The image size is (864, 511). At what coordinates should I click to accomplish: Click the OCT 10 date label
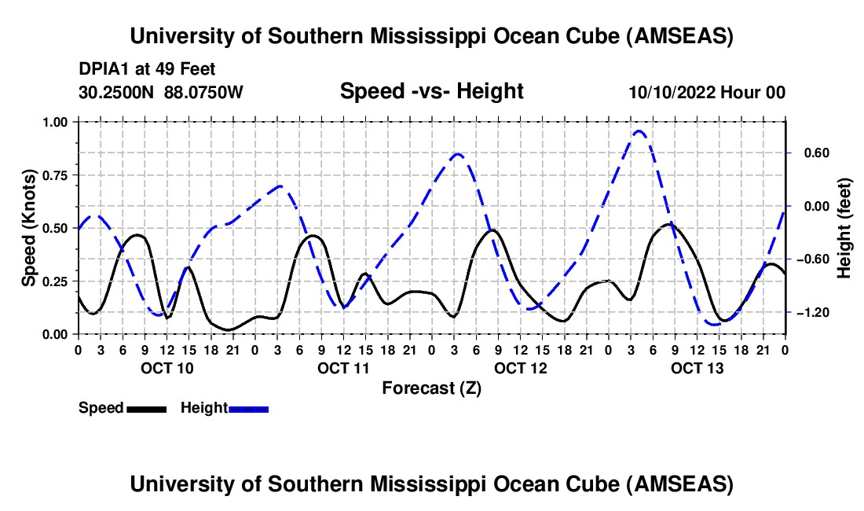[x=167, y=368]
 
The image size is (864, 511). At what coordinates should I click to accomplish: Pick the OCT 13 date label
[x=697, y=368]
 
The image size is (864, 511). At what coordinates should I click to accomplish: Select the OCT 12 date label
[x=520, y=368]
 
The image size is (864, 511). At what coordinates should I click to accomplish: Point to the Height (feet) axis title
[x=844, y=228]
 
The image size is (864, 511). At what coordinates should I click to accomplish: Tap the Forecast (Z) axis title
[x=431, y=388]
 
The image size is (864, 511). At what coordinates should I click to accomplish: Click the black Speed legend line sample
[x=146, y=409]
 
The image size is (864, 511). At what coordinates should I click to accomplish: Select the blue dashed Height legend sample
[x=248, y=409]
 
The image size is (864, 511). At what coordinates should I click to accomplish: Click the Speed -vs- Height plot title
[x=431, y=91]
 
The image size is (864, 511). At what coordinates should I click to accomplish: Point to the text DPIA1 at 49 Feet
[x=147, y=70]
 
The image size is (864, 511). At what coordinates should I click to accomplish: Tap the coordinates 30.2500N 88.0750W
[x=161, y=92]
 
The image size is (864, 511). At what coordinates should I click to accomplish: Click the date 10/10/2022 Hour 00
[x=707, y=92]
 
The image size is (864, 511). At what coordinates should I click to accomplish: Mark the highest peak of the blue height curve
[x=639, y=131]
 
